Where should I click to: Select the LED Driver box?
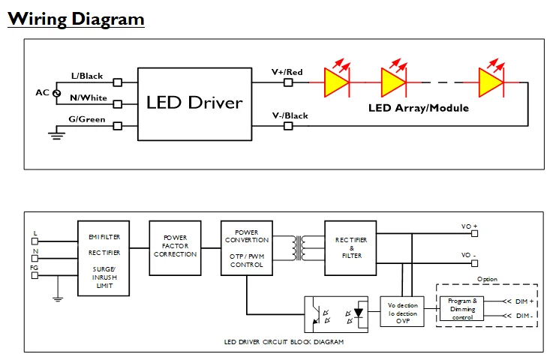tap(194, 103)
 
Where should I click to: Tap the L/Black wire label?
tap(86, 76)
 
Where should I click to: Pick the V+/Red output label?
tap(287, 72)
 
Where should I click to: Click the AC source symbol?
tap(57, 93)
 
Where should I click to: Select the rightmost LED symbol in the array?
tap(489, 81)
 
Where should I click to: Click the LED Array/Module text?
tap(418, 108)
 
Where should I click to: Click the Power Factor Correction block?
tap(175, 245)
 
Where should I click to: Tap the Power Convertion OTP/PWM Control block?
tap(246, 248)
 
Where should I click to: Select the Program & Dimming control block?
tap(463, 309)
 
